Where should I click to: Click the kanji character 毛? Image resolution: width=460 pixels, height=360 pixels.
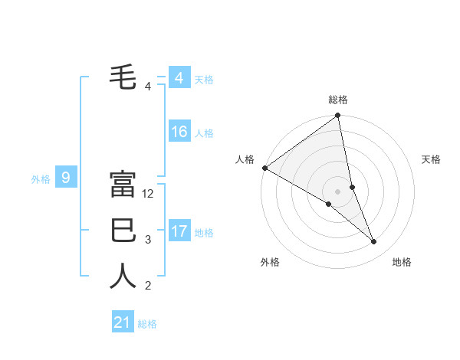coord(123,77)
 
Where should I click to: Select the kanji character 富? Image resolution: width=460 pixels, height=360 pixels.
coord(123,184)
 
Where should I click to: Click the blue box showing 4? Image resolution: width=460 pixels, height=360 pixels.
coord(179,77)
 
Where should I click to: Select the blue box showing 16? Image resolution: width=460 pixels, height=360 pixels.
coord(179,132)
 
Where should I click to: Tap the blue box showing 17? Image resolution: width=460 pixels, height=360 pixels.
coord(179,231)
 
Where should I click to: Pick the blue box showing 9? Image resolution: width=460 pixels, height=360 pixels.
coord(66,178)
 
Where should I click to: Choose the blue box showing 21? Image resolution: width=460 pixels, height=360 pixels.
coord(123,322)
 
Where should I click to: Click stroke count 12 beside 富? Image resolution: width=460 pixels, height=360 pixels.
coord(149,194)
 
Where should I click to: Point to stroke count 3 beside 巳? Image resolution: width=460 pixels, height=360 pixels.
coord(148,240)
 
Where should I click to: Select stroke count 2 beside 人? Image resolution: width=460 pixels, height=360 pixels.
coord(148,286)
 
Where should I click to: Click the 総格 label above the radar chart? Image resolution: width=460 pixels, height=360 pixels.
coord(338,100)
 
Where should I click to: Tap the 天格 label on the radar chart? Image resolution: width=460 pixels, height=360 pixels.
coord(432,159)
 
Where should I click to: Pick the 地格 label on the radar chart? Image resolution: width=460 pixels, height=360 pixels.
coord(402,262)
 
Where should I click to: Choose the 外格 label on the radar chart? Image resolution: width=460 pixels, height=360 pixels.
coord(270,262)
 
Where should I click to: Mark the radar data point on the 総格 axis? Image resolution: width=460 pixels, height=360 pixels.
coord(338,116)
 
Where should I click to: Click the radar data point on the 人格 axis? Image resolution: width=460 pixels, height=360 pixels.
coord(264,168)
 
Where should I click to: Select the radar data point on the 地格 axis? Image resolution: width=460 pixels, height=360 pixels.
coord(374,242)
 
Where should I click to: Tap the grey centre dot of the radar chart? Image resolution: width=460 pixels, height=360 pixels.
coord(338,190)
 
